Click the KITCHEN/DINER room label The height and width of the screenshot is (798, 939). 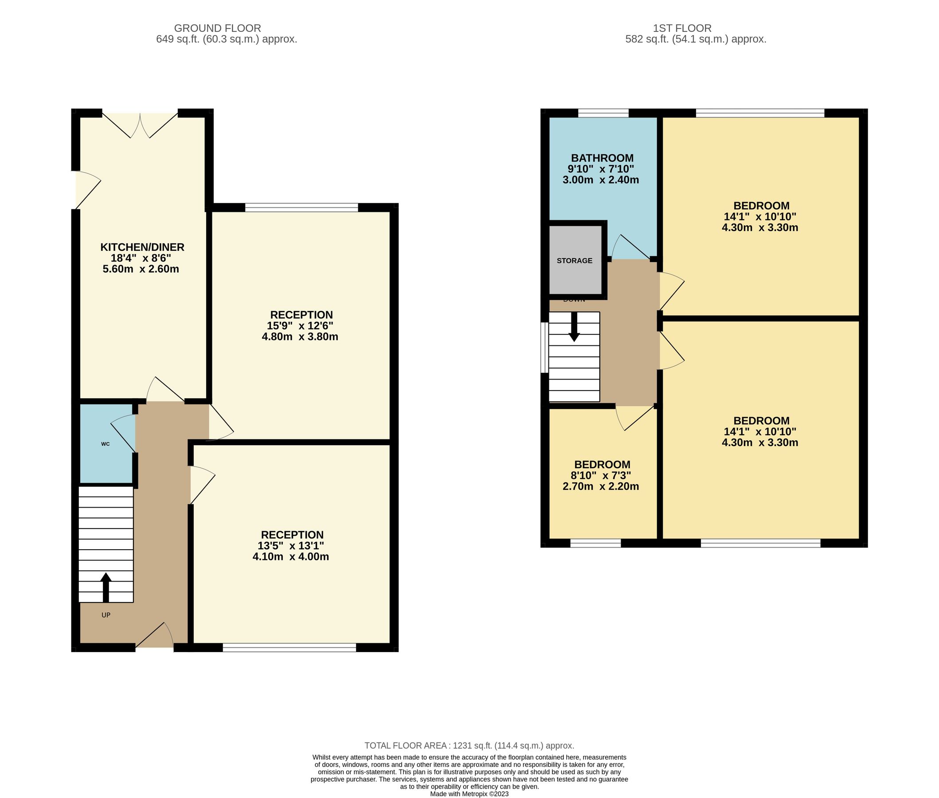[x=142, y=247]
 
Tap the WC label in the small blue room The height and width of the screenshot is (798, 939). [x=106, y=444]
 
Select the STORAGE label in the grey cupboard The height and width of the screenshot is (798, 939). [x=574, y=261]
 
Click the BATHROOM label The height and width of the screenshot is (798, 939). [x=602, y=158]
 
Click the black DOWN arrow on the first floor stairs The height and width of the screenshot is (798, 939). [x=574, y=327]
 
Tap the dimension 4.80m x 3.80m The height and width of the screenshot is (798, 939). [x=299, y=336]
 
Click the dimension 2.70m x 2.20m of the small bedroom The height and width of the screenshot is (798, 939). [x=600, y=486]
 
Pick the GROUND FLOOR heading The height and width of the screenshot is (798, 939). [x=217, y=28]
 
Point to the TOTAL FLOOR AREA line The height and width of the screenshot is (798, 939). [x=469, y=746]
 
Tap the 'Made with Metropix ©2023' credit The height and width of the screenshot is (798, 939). [x=469, y=794]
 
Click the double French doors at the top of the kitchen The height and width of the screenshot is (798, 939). [x=140, y=125]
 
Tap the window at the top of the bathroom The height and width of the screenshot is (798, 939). [x=603, y=113]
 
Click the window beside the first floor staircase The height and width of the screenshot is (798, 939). [x=544, y=348]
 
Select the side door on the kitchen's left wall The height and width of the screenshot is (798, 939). [x=86, y=190]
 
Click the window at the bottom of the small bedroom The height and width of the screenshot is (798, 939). [x=595, y=543]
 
